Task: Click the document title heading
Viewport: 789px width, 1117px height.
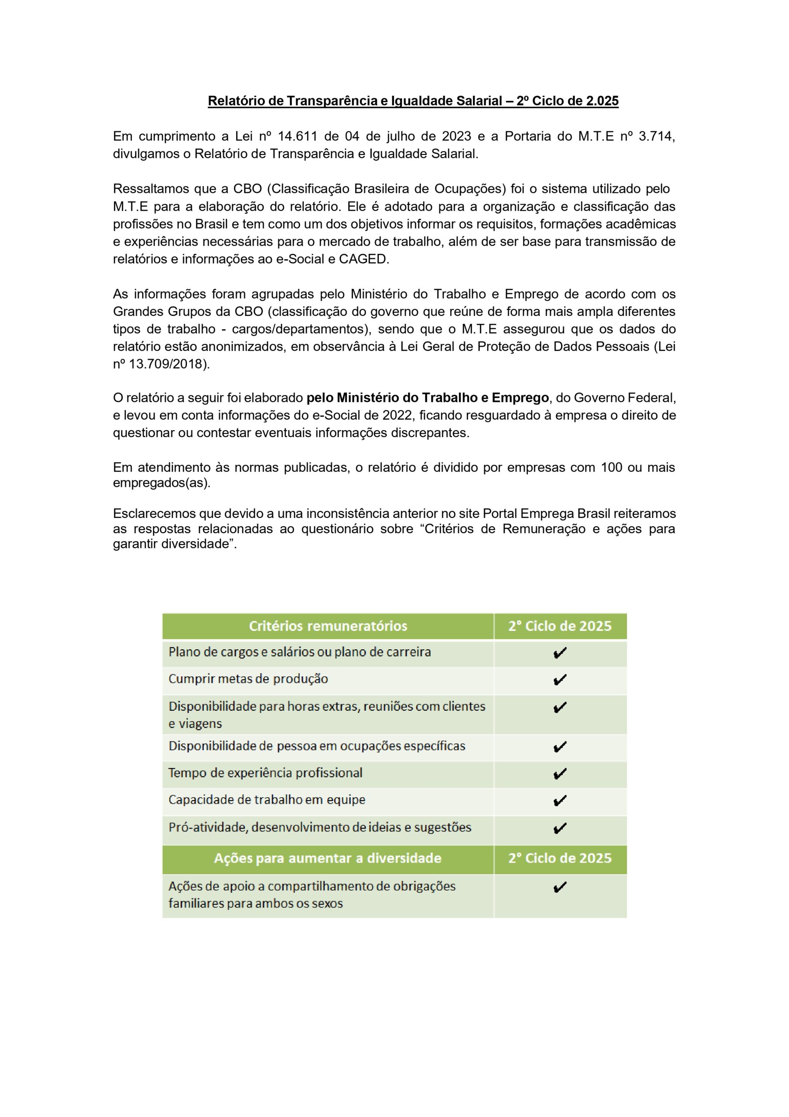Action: [x=413, y=101]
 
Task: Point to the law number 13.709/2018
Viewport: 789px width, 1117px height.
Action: [x=169, y=364]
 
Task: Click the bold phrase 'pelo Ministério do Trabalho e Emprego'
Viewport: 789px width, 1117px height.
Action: [x=428, y=398]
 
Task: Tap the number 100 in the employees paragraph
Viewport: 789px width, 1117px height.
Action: [x=611, y=467]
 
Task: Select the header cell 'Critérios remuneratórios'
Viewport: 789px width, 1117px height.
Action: [x=328, y=626]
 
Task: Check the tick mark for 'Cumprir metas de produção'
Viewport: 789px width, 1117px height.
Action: [x=560, y=680]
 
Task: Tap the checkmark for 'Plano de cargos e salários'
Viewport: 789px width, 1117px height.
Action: [x=560, y=653]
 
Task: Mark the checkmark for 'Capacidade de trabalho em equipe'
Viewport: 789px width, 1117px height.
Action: [x=560, y=800]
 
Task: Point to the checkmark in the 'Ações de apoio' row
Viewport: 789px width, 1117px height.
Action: [x=560, y=888]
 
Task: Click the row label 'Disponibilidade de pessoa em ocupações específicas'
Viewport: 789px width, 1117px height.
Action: [x=317, y=746]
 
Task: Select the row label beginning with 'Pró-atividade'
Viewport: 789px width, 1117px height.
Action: [x=319, y=828]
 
